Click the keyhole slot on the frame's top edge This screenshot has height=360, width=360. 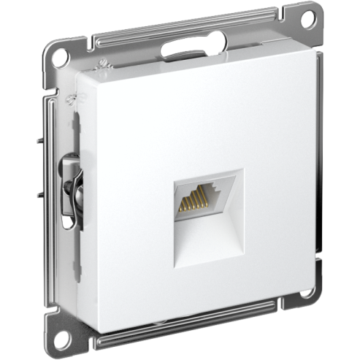[178, 50]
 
